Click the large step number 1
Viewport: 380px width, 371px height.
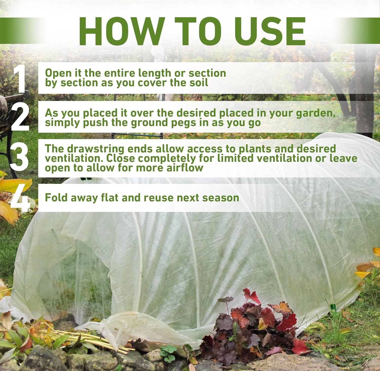pos(20,78)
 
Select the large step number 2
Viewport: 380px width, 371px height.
pos(20,117)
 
